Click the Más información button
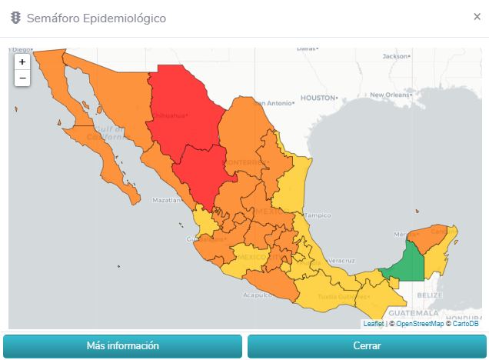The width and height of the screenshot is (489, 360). click(123, 346)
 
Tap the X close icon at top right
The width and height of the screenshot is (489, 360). click(477, 17)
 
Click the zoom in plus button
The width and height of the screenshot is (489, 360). click(22, 62)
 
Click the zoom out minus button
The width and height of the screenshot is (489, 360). click(22, 78)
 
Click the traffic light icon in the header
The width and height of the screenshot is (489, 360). click(15, 18)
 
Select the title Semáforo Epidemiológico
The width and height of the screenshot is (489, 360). click(95, 18)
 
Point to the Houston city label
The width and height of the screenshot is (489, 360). click(318, 98)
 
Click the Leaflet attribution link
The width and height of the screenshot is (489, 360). click(373, 324)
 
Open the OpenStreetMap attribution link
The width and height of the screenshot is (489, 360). click(419, 324)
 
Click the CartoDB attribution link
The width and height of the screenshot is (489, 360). click(465, 324)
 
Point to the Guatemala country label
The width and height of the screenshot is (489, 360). click(413, 313)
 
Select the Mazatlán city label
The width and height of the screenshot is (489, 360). click(167, 200)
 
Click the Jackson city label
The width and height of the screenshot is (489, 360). click(396, 56)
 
